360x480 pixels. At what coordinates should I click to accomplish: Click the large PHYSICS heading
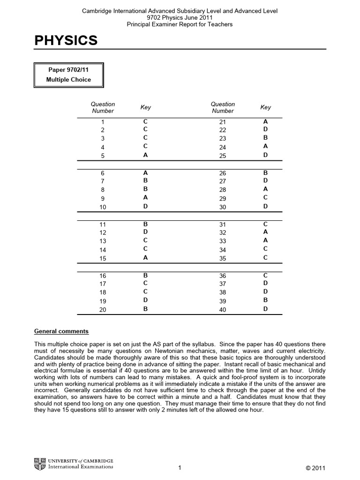click(66, 41)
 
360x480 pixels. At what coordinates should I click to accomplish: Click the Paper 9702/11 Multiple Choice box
click(68, 75)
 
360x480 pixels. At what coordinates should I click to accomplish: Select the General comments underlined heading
click(61, 331)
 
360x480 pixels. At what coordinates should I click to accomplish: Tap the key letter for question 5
click(145, 155)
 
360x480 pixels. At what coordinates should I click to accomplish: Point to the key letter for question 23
click(265, 138)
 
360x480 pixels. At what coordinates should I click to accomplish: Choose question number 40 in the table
click(223, 309)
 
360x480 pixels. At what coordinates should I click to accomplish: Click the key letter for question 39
click(265, 300)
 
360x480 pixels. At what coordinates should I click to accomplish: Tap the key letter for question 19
click(145, 300)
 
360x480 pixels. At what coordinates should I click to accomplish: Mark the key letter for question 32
click(265, 232)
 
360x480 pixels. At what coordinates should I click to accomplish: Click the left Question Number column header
click(103, 107)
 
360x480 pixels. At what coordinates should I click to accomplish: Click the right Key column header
click(265, 107)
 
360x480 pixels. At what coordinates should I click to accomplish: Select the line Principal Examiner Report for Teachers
click(180, 24)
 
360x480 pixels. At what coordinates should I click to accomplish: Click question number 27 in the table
click(223, 181)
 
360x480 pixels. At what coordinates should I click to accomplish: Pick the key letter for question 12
click(145, 232)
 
